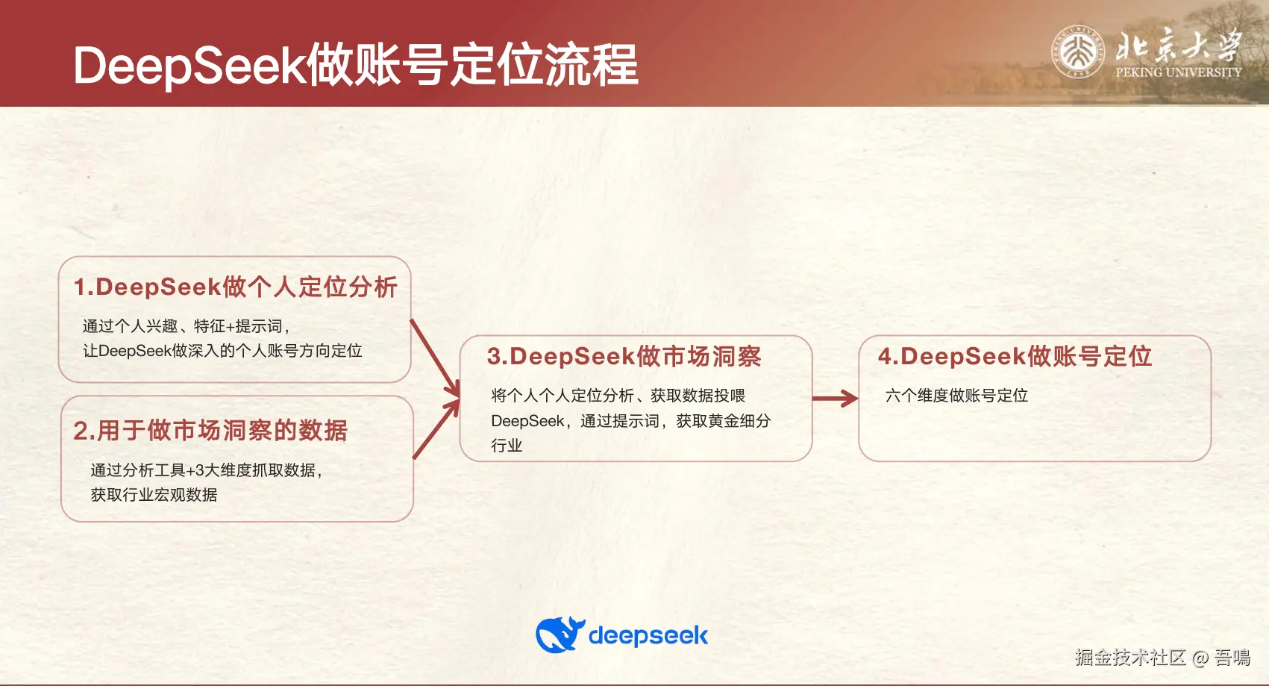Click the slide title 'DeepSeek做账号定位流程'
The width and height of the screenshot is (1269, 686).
click(x=355, y=65)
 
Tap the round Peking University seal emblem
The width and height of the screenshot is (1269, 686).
click(x=1078, y=52)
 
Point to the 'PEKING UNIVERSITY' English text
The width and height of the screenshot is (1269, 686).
click(x=1178, y=72)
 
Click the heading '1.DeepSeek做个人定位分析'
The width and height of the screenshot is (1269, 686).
click(x=235, y=287)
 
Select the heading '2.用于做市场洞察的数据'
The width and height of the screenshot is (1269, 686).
click(x=210, y=431)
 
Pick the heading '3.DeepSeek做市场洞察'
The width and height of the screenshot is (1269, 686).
click(x=624, y=357)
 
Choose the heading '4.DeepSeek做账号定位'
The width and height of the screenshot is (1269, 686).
click(x=1015, y=357)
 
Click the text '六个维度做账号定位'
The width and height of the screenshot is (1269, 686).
click(x=956, y=396)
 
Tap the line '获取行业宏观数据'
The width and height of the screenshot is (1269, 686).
click(x=154, y=495)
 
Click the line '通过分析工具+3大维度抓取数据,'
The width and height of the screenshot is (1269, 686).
click(x=207, y=470)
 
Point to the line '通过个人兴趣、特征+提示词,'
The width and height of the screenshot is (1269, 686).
click(x=187, y=326)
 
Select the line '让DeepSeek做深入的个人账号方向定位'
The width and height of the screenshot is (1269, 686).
click(x=222, y=351)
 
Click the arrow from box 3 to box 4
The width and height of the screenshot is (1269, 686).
click(x=835, y=399)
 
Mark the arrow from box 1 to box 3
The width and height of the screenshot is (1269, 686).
click(x=436, y=358)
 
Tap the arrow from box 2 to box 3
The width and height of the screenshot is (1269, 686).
click(x=436, y=430)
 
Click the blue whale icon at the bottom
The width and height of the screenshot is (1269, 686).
click(x=560, y=635)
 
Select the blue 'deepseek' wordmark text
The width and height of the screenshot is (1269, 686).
click(x=648, y=636)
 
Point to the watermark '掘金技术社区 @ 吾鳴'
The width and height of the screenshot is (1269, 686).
click(x=1162, y=657)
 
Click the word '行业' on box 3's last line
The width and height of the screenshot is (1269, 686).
click(x=507, y=446)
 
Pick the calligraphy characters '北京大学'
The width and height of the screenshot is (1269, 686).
click(x=1179, y=46)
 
